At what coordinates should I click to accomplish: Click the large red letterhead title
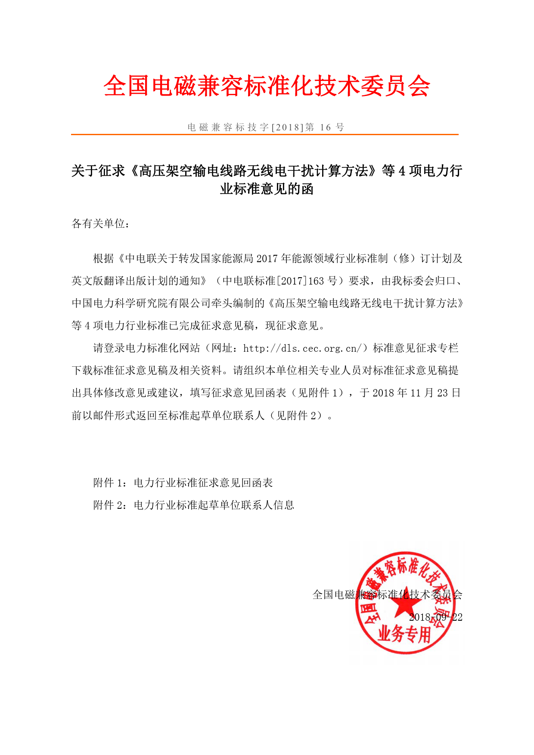[267, 86]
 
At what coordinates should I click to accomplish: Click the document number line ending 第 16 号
[266, 127]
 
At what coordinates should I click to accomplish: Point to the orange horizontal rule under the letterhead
[264, 135]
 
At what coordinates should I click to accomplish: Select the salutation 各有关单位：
[101, 224]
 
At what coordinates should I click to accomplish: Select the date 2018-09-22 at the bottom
[435, 617]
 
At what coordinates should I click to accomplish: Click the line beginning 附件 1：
[183, 483]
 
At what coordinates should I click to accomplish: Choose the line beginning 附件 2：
[193, 505]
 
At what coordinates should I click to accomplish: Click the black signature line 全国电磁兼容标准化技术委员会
[387, 595]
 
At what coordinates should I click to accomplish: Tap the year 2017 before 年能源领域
[267, 259]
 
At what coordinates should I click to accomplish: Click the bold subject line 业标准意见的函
[267, 189]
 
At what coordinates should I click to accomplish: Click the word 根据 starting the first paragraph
[104, 259]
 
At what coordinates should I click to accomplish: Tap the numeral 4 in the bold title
[402, 171]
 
